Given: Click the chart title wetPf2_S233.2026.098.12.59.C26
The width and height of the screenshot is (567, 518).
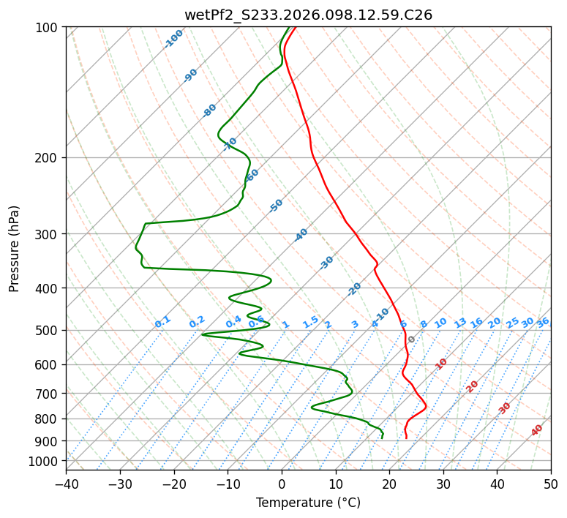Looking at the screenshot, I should pyautogui.click(x=308, y=15).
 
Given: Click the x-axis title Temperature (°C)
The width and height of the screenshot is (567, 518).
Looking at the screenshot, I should pyautogui.click(x=308, y=503).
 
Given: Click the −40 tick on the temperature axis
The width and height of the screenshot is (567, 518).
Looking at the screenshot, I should pyautogui.click(x=66, y=484).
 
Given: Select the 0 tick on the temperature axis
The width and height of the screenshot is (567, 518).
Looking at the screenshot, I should pyautogui.click(x=282, y=484).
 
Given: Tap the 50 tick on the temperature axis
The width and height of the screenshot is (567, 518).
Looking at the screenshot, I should pyautogui.click(x=551, y=484).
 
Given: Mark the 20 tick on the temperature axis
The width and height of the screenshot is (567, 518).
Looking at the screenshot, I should pyautogui.click(x=389, y=484).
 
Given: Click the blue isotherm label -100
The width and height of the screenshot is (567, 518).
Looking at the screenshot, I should pyautogui.click(x=174, y=39).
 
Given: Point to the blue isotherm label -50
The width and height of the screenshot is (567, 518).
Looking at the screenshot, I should pyautogui.click(x=276, y=206).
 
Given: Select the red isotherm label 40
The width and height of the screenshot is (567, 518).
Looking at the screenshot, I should pyautogui.click(x=537, y=431).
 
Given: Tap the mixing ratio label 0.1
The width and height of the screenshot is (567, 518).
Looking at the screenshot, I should pyautogui.click(x=162, y=322).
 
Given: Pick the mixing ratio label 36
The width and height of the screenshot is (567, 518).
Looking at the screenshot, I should pyautogui.click(x=543, y=323).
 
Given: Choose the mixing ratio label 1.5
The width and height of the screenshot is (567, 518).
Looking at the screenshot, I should pyautogui.click(x=310, y=322).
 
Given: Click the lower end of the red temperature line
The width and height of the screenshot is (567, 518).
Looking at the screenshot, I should pyautogui.click(x=406, y=438).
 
